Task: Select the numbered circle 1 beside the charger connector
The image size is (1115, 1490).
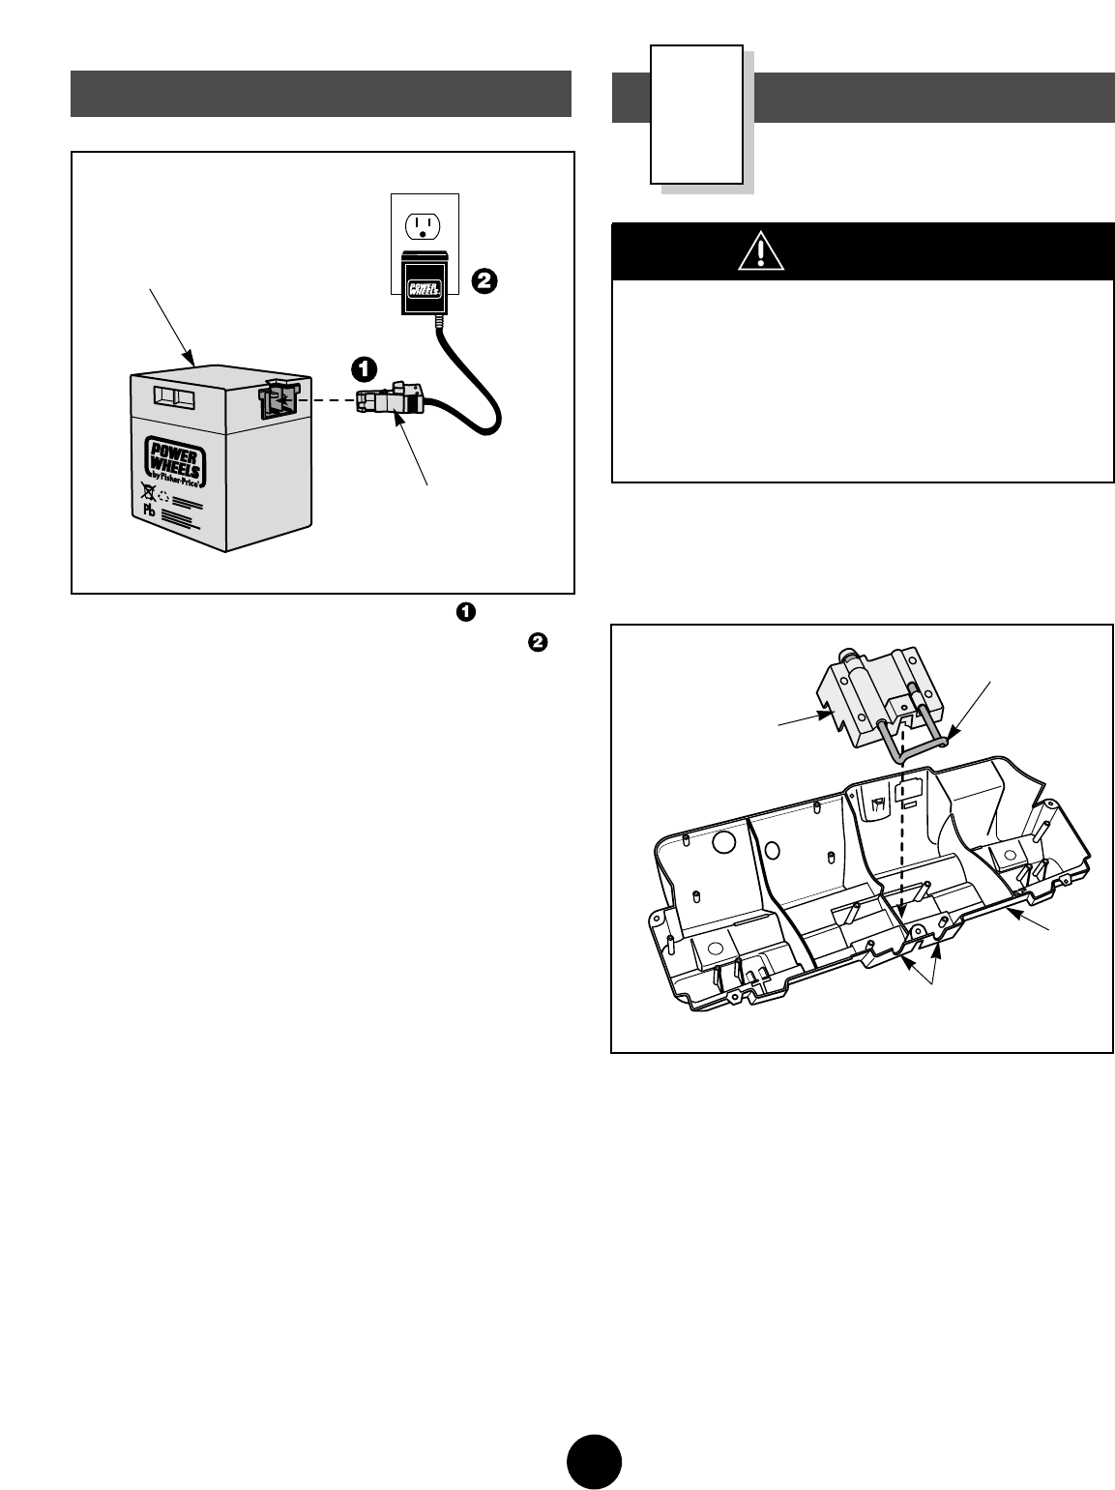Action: (x=363, y=368)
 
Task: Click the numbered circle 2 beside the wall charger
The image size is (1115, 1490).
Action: (x=484, y=280)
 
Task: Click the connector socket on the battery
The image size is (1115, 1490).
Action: (x=276, y=400)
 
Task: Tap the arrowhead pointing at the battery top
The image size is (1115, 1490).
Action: (x=193, y=362)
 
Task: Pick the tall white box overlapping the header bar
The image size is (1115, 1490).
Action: (x=696, y=113)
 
